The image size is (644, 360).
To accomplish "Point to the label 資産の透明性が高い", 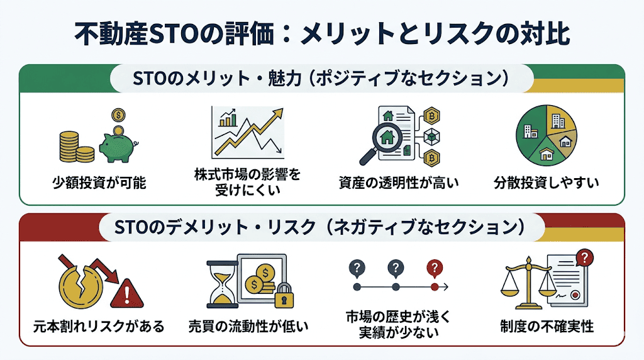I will pyautogui.click(x=399, y=184).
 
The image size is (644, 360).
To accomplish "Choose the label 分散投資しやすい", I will pyautogui.click(x=546, y=184).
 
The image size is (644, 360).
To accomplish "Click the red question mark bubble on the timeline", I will pyautogui.click(x=434, y=267).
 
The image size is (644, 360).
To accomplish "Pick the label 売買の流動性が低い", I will pyautogui.click(x=248, y=327).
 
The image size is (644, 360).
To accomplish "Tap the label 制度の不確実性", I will pyautogui.click(x=547, y=327).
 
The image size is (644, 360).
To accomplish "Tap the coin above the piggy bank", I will pyautogui.click(x=117, y=116).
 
